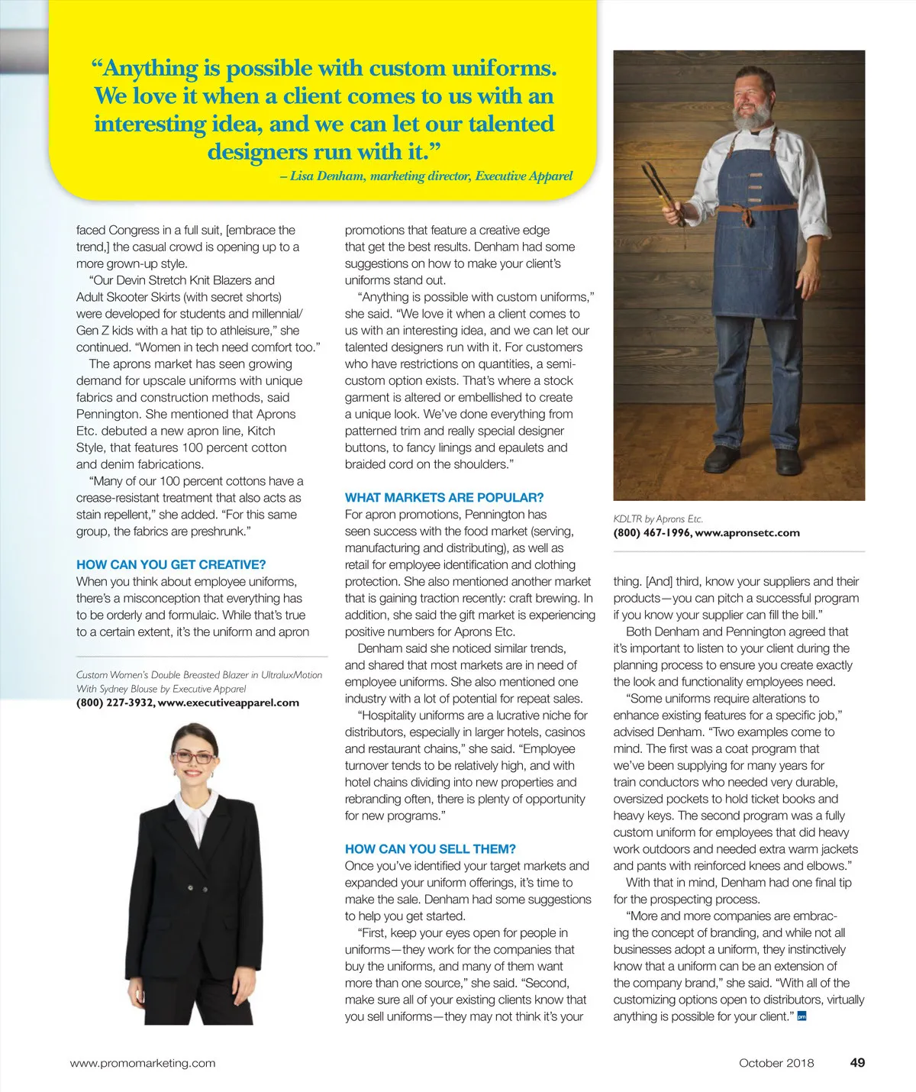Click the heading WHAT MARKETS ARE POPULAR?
[444, 498]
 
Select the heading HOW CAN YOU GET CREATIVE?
[171, 565]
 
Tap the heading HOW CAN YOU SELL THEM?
[431, 849]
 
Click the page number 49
[857, 1063]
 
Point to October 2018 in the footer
[776, 1063]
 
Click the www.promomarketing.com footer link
[143, 1063]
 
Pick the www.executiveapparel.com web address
[228, 703]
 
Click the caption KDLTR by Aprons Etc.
[658, 519]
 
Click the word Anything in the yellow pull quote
[150, 69]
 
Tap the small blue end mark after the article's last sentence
[801, 1016]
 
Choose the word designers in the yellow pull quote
[258, 151]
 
